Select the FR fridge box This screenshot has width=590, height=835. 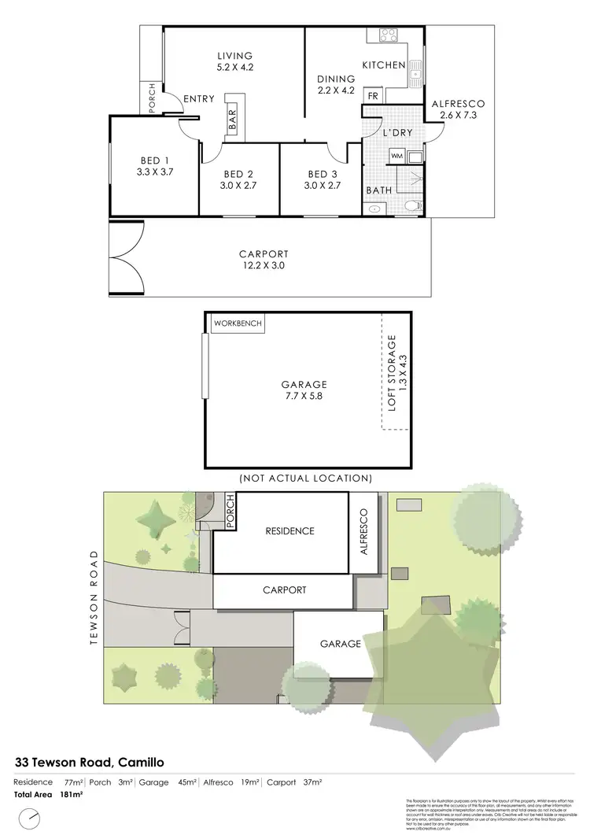point(373,95)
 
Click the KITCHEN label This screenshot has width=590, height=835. point(383,65)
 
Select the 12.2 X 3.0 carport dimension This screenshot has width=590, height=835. point(264,266)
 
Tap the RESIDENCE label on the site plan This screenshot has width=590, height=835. point(289,531)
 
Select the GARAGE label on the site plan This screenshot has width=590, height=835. point(340,644)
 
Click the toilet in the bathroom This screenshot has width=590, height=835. point(410,206)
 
